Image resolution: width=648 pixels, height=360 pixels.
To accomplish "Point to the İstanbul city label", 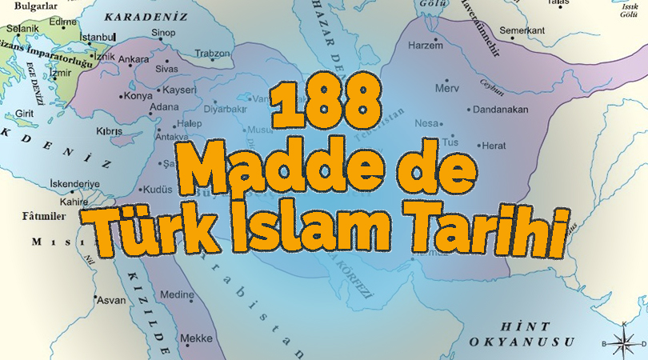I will [x=98, y=37].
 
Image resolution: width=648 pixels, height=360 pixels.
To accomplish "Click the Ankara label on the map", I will [x=134, y=59].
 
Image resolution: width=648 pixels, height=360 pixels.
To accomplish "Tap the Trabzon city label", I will [x=214, y=54].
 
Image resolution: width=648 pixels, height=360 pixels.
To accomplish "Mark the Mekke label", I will [x=196, y=337].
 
